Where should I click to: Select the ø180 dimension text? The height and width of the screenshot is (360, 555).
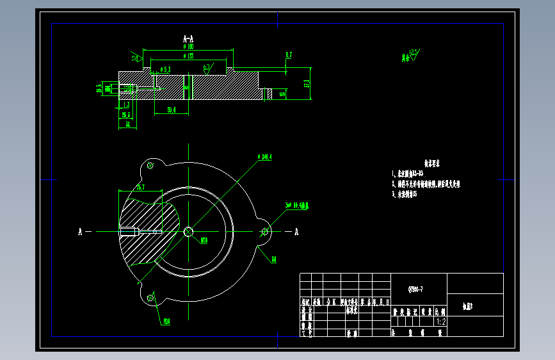pyautogui.click(x=188, y=46)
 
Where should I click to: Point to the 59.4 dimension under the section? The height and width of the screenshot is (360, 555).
pyautogui.click(x=172, y=110)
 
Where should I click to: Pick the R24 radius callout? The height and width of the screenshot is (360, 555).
pyautogui.click(x=166, y=321)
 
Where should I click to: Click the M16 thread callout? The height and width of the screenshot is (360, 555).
pyautogui.click(x=204, y=241)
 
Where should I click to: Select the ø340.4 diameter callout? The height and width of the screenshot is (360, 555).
pyautogui.click(x=264, y=156)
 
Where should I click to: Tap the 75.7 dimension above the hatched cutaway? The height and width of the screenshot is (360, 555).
pyautogui.click(x=140, y=187)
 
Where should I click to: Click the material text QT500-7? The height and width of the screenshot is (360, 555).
pyautogui.click(x=415, y=290)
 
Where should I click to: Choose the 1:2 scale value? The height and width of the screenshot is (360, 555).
pyautogui.click(x=440, y=322)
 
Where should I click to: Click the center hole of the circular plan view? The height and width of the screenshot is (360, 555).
pyautogui.click(x=188, y=231)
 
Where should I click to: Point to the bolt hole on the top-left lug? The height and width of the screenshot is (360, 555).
pyautogui.click(x=150, y=166)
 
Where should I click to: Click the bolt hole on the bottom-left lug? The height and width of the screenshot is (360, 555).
pyautogui.click(x=150, y=297)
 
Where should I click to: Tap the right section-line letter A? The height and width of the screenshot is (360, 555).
pyautogui.click(x=296, y=231)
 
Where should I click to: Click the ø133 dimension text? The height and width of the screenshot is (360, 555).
pyautogui.click(x=188, y=56)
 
